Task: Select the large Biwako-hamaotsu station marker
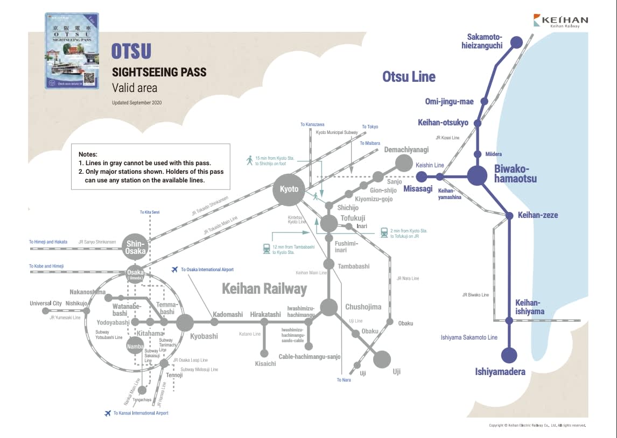coord(477,176)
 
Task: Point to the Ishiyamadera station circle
coord(509,356)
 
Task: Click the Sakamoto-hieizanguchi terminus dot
coord(516,42)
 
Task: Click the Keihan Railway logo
coord(560,21)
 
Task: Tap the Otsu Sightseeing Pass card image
coord(72,51)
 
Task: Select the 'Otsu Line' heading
coord(409,77)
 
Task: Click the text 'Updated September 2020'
coord(137,102)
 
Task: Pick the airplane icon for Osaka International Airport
coord(174,269)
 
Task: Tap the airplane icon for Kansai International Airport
coord(108,413)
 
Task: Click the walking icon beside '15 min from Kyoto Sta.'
coord(249,160)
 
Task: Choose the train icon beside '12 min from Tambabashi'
coord(267,249)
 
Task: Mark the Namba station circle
coord(135,346)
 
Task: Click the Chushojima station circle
coord(328,307)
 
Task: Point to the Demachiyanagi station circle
coord(403,163)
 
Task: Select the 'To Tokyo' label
coord(370,127)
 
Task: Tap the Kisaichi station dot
coord(264,354)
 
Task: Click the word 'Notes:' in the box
coord(88,154)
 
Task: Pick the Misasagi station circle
coord(422,176)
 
